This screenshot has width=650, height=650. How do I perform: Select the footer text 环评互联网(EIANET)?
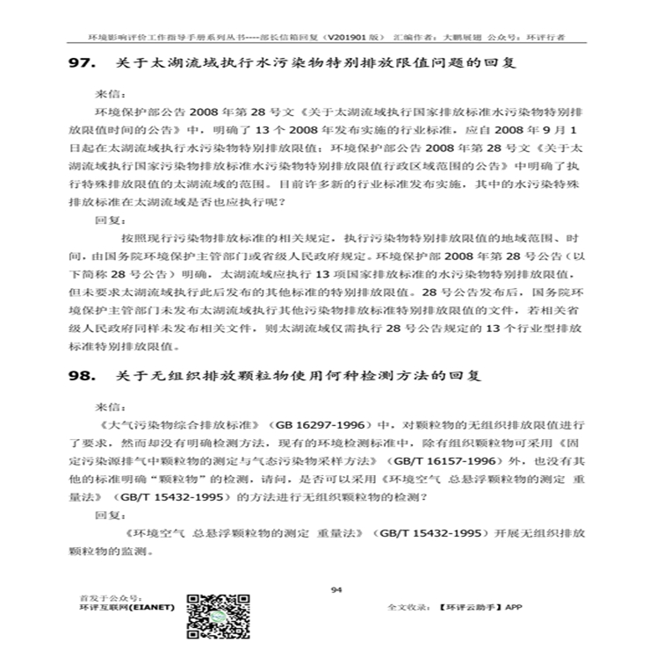click(x=126, y=607)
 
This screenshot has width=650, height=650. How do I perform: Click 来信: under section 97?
click(x=105, y=90)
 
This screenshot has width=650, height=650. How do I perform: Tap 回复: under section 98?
click(x=105, y=517)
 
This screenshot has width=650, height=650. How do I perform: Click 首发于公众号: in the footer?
click(x=104, y=596)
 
